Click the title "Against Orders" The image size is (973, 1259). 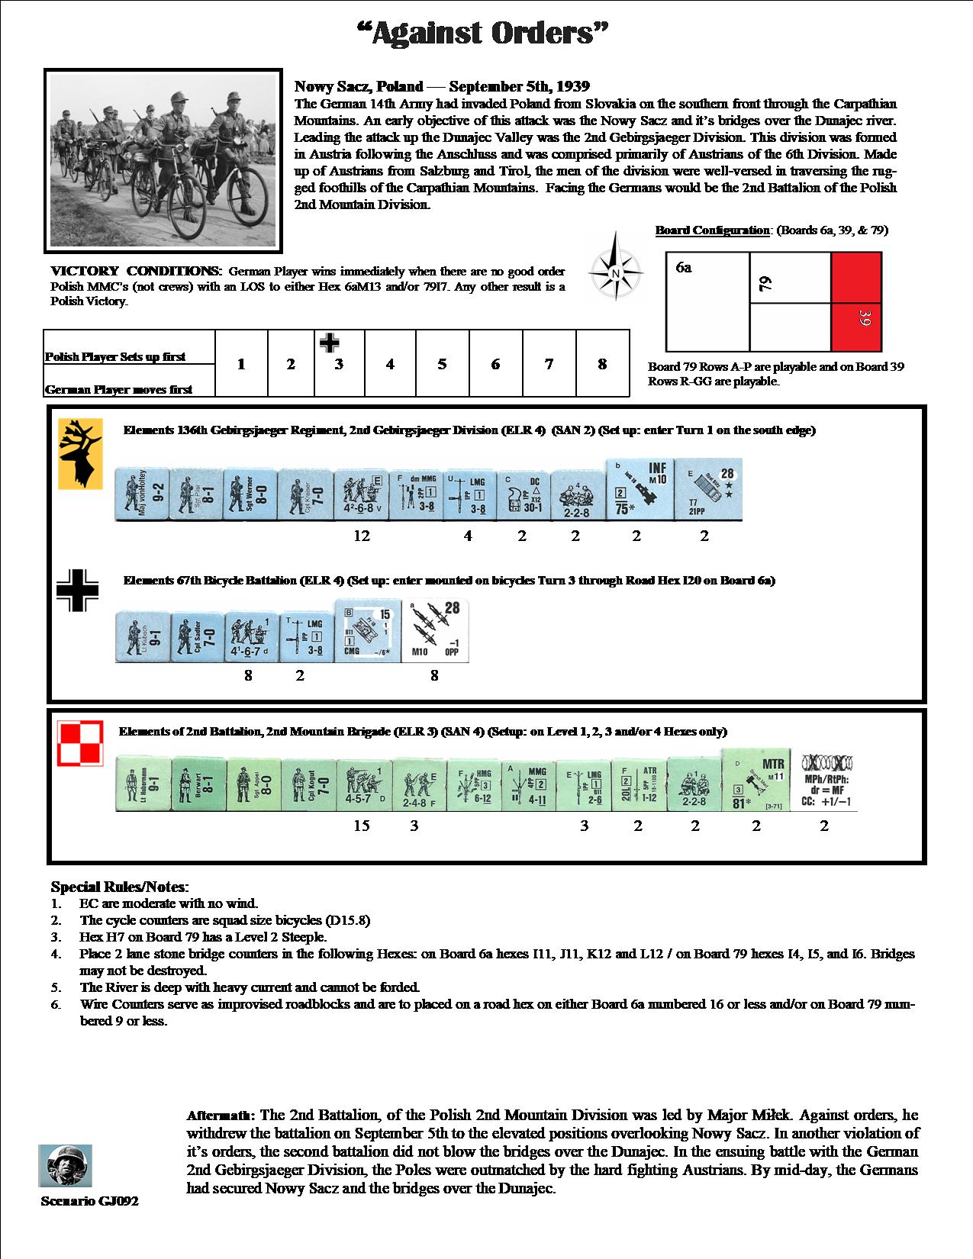[x=485, y=34]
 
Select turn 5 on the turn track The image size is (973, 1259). [x=442, y=364]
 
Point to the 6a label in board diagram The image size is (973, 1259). [x=684, y=267]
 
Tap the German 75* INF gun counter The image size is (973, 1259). [x=640, y=489]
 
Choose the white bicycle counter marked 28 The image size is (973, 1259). [x=435, y=630]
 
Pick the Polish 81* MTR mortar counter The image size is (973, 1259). [x=755, y=781]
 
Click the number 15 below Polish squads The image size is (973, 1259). [x=362, y=826]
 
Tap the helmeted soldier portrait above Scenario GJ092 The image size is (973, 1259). [x=65, y=1165]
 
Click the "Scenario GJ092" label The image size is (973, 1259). [x=89, y=1201]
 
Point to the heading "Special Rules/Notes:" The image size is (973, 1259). [x=119, y=887]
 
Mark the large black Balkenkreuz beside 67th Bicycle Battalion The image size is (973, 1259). [x=78, y=591]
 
